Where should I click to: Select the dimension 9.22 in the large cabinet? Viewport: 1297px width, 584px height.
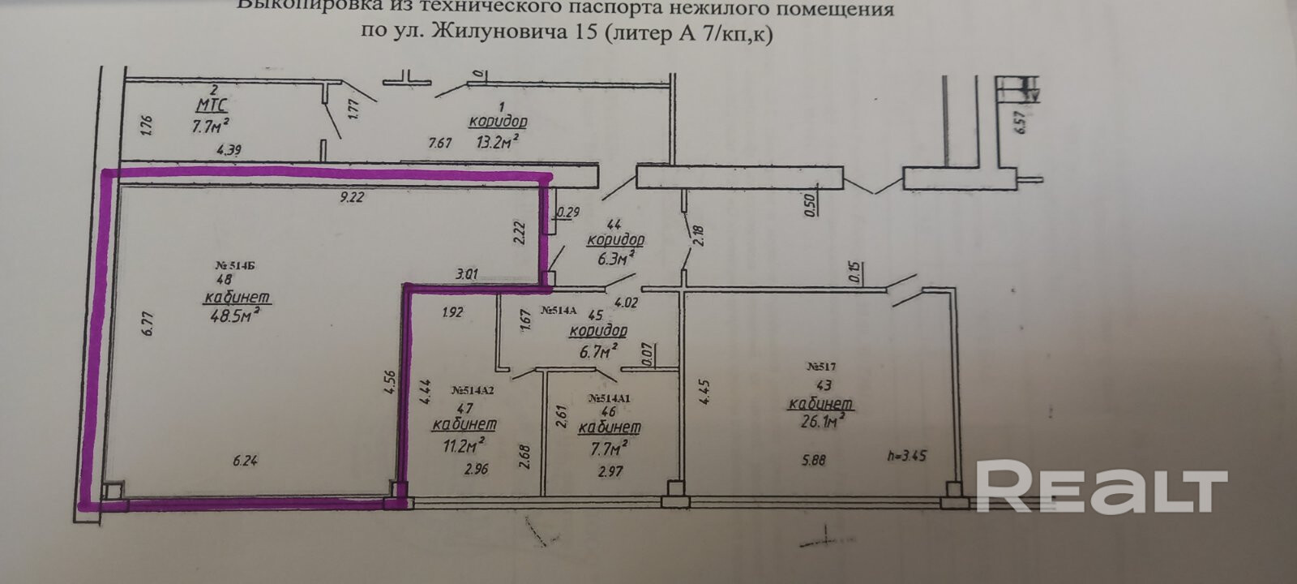pyautogui.click(x=351, y=198)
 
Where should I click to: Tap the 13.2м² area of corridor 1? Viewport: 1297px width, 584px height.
pyautogui.click(x=497, y=143)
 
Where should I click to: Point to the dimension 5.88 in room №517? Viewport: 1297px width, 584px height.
pyautogui.click(x=814, y=460)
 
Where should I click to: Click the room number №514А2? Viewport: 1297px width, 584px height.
pyautogui.click(x=472, y=390)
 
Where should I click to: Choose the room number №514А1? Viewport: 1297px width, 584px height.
pyautogui.click(x=609, y=398)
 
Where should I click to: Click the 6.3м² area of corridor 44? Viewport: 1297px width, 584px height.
pyautogui.click(x=613, y=259)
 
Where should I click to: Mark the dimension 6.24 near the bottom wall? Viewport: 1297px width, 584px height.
pyautogui.click(x=246, y=461)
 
